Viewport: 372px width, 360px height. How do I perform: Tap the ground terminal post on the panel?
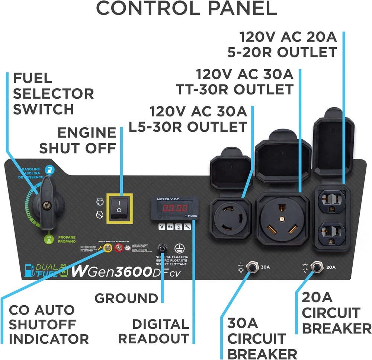[163, 248]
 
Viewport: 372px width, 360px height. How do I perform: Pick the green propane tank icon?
[48, 239]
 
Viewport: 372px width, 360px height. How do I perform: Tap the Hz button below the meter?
[170, 226]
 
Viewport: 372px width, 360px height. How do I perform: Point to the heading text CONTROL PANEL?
[186, 9]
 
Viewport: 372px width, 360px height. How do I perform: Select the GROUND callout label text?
[126, 298]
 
